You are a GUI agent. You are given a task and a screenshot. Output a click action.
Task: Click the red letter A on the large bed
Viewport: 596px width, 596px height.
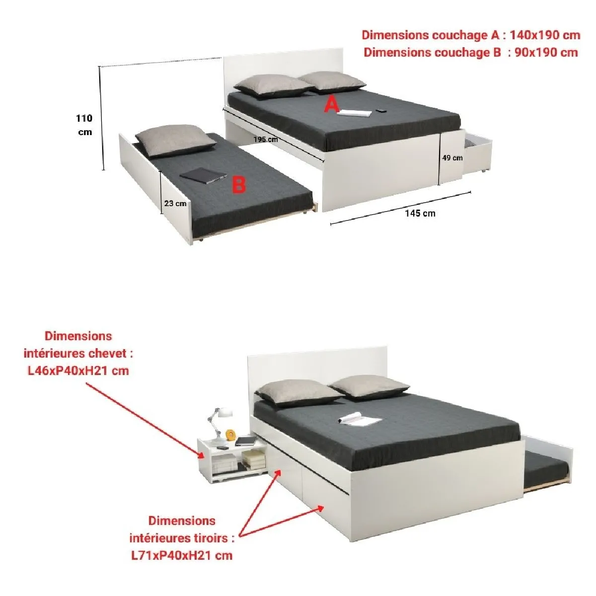(331, 104)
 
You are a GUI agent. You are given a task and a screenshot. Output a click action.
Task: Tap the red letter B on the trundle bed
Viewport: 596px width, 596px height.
(239, 185)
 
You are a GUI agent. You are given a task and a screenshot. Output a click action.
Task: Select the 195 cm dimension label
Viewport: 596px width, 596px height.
(266, 140)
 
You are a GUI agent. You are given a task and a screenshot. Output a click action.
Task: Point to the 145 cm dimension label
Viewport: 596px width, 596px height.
(420, 213)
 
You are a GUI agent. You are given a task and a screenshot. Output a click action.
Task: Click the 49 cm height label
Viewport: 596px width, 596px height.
(452, 158)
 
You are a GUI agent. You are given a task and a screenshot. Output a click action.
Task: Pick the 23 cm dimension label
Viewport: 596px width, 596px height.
(175, 204)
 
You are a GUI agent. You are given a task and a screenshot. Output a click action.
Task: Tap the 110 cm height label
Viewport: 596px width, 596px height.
(84, 125)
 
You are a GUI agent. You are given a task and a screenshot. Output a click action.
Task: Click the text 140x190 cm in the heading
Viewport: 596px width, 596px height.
(545, 35)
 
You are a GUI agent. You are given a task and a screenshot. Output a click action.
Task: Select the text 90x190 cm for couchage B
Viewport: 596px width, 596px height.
(546, 53)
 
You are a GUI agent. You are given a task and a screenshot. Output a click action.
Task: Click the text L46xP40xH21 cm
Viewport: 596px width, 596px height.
(78, 371)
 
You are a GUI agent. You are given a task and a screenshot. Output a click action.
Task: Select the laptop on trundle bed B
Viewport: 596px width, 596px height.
(204, 176)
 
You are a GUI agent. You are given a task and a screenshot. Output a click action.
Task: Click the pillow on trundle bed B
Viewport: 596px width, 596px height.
(176, 141)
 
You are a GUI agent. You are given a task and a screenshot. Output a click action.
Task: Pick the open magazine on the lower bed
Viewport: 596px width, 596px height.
(360, 418)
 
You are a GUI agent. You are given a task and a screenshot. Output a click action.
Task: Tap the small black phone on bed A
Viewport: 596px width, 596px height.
(381, 110)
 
